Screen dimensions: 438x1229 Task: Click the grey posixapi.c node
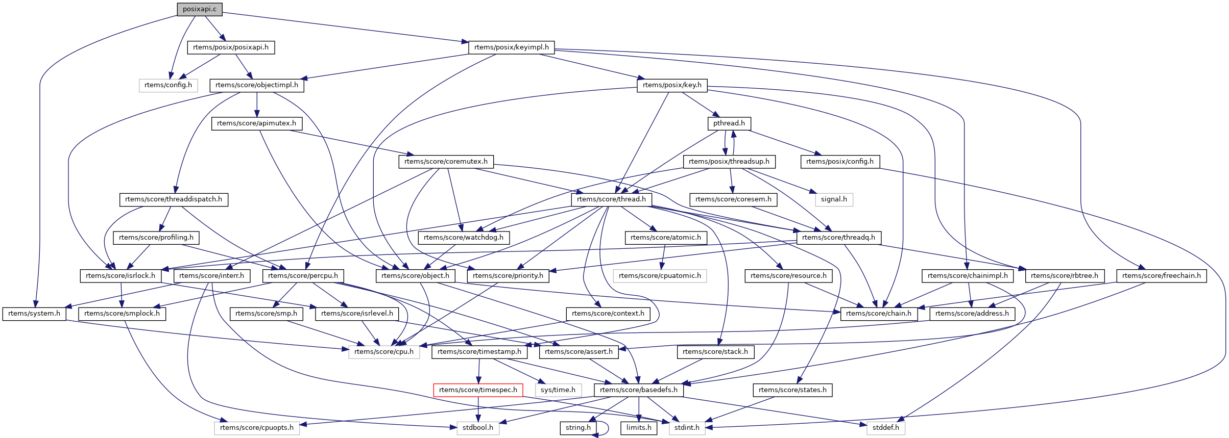(199, 9)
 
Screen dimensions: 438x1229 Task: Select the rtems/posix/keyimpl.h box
(511, 47)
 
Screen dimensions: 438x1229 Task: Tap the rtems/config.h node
(168, 85)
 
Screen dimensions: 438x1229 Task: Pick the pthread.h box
(729, 123)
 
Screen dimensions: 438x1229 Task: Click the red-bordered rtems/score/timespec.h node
(478, 390)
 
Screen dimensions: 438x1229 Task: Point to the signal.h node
(834, 199)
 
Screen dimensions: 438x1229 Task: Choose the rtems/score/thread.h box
(611, 199)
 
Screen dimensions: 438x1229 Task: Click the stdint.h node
(687, 428)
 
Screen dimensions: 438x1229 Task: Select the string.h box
(578, 428)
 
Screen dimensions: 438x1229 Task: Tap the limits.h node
(639, 428)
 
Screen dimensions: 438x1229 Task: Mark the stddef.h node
(885, 428)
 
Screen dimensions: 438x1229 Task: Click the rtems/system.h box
(34, 314)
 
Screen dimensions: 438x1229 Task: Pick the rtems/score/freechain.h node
(1162, 276)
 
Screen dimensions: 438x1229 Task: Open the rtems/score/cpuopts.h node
(257, 428)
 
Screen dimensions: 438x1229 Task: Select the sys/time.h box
(558, 390)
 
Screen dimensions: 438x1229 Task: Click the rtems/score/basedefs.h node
(638, 390)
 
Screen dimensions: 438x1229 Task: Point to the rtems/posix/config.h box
(839, 162)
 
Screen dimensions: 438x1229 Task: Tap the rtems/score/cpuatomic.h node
(660, 276)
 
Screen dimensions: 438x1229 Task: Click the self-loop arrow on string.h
(606, 428)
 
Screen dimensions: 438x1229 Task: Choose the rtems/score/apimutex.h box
(256, 123)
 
